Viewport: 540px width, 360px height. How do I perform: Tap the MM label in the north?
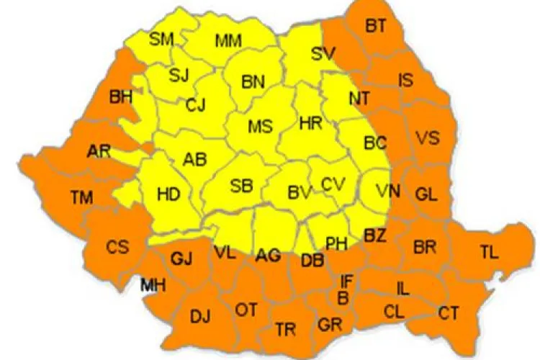click(x=228, y=41)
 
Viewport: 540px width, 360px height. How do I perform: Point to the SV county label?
click(x=323, y=53)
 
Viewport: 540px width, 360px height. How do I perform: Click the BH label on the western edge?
click(x=120, y=97)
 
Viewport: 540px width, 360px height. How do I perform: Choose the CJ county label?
click(x=195, y=106)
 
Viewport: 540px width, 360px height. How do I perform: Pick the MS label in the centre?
click(x=260, y=127)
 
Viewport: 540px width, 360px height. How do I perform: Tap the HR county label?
click(x=310, y=124)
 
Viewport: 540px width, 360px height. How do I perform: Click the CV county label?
click(x=333, y=184)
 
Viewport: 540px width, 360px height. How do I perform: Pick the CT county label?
click(x=448, y=313)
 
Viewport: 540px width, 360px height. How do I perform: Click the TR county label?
click(x=285, y=330)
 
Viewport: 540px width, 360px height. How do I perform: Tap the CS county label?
click(x=117, y=248)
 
